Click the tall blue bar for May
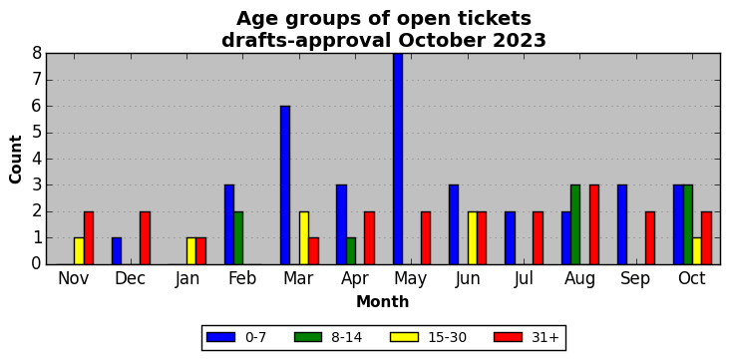coord(398,159)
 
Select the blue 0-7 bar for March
coord(285,185)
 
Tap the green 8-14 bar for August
coord(575,225)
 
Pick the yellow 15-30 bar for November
coord(79,251)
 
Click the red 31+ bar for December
coord(145,238)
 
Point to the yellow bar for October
coord(697,251)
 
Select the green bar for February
coord(238,238)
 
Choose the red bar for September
coord(650,238)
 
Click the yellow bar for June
coord(473,238)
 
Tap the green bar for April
coord(351,251)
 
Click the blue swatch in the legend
coord(219,337)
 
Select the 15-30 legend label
coord(448,337)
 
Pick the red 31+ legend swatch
coord(508,337)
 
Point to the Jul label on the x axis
coord(524,279)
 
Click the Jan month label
coord(186,279)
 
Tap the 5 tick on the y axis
coord(37,133)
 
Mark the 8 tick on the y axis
coord(37,54)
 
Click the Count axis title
coord(15,159)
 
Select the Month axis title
coord(383,302)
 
